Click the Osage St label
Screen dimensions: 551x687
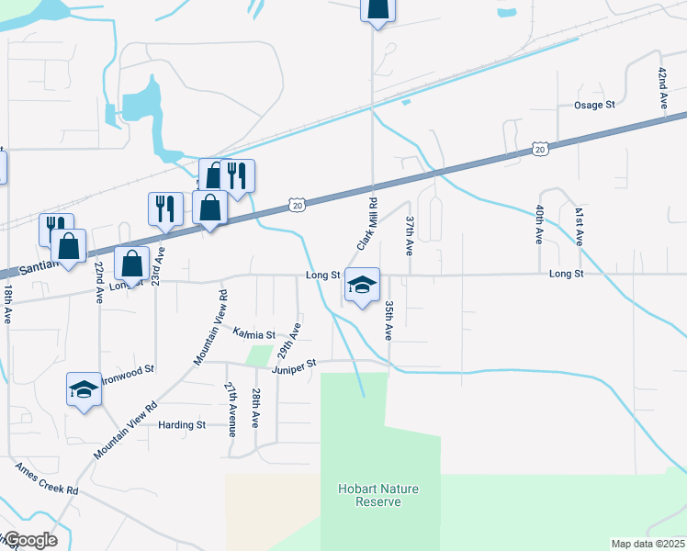594,105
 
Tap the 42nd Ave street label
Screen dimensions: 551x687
661,89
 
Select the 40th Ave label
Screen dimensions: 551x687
539,224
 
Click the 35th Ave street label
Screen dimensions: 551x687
389,320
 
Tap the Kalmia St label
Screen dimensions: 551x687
253,334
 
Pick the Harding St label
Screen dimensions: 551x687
182,425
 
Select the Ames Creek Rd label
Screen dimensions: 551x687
47,478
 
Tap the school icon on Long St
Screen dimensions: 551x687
362,287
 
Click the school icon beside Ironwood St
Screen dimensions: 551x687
84,389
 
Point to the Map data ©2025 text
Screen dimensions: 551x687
648,544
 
